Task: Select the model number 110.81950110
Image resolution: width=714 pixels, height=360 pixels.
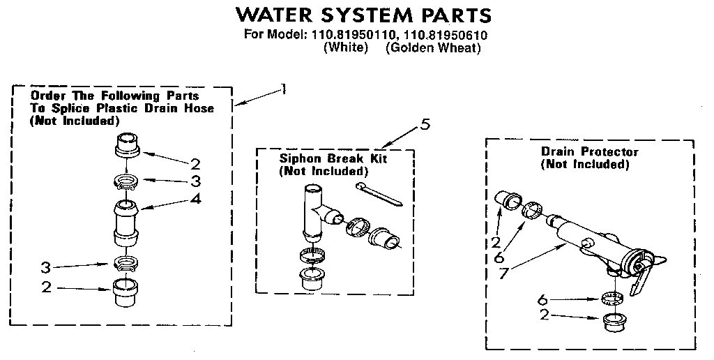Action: point(352,35)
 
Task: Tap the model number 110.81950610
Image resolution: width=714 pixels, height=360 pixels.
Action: point(447,35)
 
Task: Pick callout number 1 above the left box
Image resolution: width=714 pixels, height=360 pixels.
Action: point(282,88)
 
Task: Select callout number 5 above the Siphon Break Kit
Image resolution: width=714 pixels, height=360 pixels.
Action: point(425,126)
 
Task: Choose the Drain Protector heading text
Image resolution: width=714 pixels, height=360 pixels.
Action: point(589,151)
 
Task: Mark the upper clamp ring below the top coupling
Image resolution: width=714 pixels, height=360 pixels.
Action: point(126,183)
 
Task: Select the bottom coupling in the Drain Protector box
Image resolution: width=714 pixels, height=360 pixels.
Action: point(614,322)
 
